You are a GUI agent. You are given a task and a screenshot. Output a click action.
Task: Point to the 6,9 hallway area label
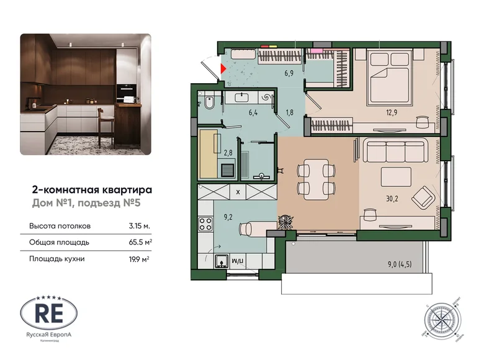point(289,73)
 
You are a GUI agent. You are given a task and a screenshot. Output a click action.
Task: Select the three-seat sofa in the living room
point(396,151)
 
